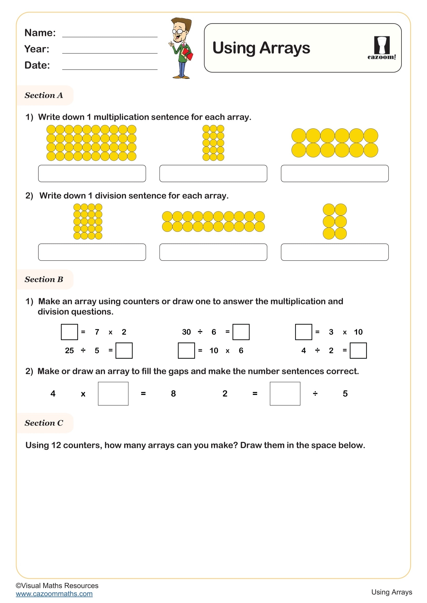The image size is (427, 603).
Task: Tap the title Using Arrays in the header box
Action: click(x=261, y=48)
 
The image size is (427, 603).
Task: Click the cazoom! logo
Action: click(x=382, y=48)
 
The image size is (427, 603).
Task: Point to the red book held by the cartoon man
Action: click(x=188, y=54)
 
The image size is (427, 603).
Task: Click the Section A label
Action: click(x=44, y=95)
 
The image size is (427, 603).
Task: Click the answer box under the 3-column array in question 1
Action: click(x=213, y=173)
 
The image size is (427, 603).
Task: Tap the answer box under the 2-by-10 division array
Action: click(x=213, y=252)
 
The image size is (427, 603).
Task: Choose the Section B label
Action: click(x=44, y=279)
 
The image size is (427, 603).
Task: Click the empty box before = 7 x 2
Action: click(x=69, y=332)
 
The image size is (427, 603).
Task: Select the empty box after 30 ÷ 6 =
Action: click(x=241, y=332)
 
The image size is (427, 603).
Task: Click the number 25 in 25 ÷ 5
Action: click(x=69, y=351)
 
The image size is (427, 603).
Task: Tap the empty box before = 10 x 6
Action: click(x=186, y=351)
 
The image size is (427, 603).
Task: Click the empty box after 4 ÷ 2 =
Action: click(x=358, y=351)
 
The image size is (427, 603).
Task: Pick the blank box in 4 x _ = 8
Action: click(x=113, y=394)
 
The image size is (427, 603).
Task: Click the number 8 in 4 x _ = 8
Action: click(x=173, y=394)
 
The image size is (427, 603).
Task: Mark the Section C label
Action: click(x=44, y=423)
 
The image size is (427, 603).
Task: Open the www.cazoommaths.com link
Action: click(x=54, y=594)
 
